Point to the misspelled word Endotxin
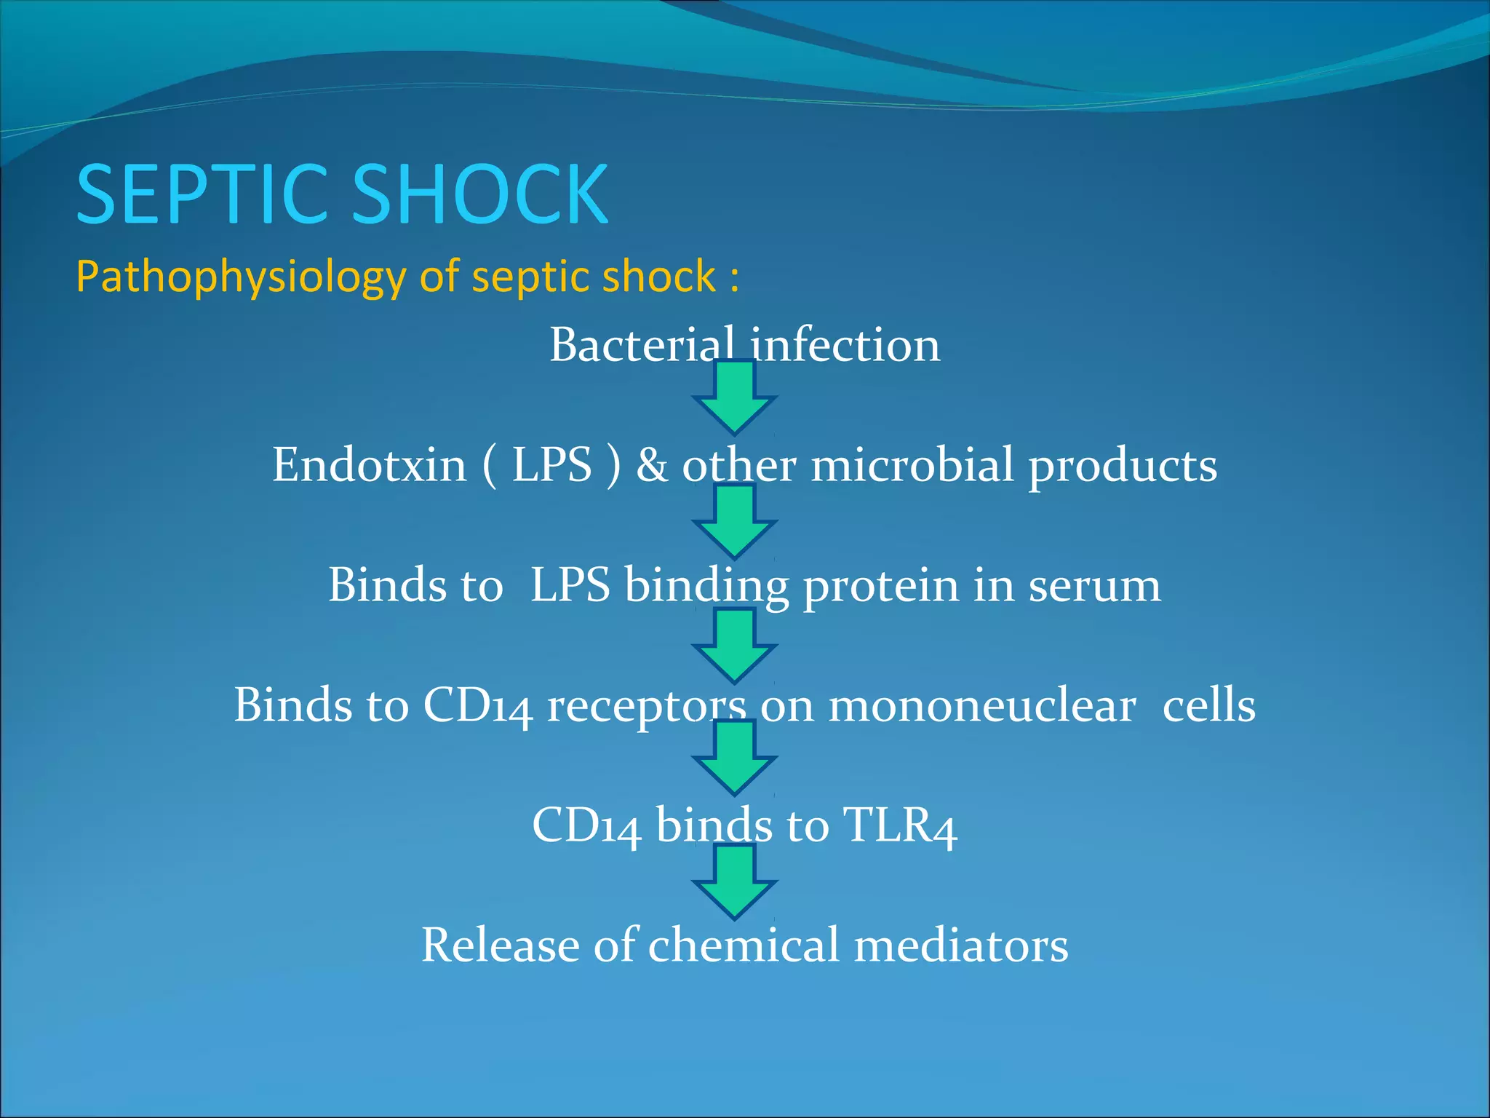pos(369,465)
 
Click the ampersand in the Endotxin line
pos(651,465)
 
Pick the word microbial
pos(912,465)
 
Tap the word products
pos(1123,467)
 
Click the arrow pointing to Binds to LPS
pos(735,523)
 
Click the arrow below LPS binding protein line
pos(735,647)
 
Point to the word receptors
pos(646,707)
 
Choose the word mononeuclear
pos(982,707)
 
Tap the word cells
pos(1208,707)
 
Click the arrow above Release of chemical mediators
pos(735,883)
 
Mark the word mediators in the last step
pos(961,946)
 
